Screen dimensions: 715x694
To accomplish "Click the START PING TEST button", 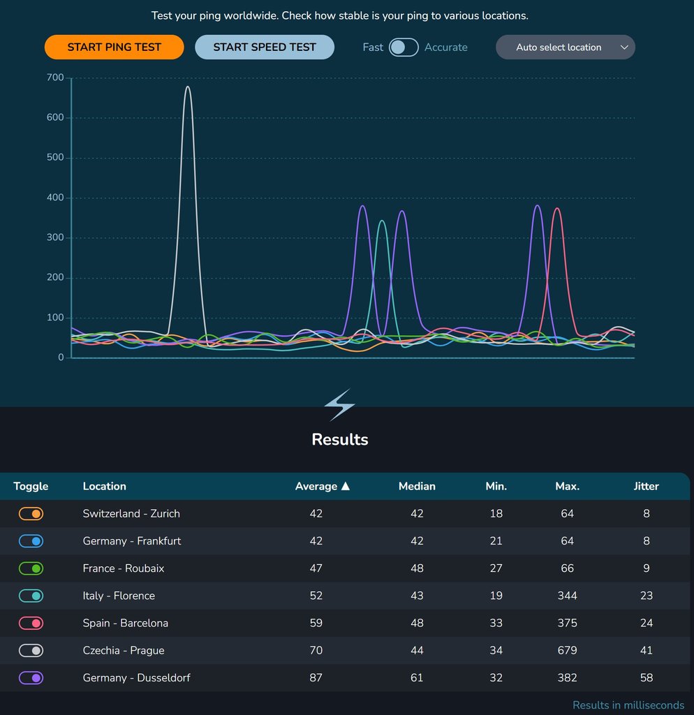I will pos(114,47).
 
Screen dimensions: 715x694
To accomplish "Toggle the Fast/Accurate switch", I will pos(404,47).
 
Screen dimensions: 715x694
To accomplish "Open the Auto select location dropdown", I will pos(565,47).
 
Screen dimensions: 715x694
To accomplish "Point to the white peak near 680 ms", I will pos(187,87).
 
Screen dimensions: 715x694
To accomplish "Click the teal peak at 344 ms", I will pos(381,221).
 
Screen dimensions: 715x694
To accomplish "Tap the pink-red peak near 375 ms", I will pos(556,209).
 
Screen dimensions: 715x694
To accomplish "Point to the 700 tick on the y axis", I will pos(55,78).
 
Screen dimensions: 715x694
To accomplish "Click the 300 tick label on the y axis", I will pos(55,238).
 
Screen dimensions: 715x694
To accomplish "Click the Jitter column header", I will pos(646,486).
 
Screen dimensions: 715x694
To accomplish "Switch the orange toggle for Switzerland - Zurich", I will pos(31,514).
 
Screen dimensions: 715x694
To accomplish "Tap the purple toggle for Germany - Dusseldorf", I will pos(31,678).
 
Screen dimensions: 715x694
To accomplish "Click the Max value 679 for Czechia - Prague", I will pos(567,651).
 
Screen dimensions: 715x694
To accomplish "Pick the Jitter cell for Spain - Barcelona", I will pos(646,624).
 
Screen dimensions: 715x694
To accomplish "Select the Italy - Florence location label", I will pos(119,596).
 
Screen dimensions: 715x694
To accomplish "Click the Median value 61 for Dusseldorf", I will pos(417,678).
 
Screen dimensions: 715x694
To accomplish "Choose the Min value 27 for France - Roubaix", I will pos(496,569).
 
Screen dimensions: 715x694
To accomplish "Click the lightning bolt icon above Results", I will pos(339,405).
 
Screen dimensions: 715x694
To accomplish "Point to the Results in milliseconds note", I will pos(628,705).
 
